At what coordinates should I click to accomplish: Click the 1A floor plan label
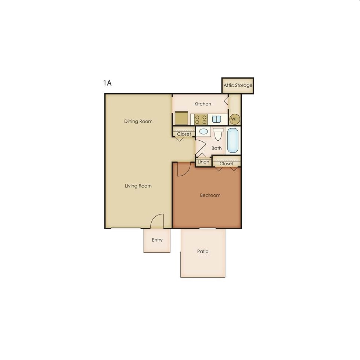click(107, 83)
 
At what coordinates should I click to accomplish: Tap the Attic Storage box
click(238, 86)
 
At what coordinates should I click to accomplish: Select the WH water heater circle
click(235, 119)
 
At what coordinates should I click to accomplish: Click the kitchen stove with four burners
click(201, 119)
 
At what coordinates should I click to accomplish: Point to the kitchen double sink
click(216, 119)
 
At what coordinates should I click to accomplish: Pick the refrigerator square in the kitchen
click(181, 118)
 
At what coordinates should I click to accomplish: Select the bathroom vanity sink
click(203, 131)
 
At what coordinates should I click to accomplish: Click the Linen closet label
click(203, 162)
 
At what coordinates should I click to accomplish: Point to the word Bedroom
click(210, 195)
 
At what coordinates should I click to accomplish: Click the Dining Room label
click(138, 121)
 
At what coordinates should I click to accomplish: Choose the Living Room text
click(138, 186)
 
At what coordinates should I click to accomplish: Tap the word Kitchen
click(203, 104)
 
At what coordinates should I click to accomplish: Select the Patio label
click(203, 251)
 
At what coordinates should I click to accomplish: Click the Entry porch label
click(157, 240)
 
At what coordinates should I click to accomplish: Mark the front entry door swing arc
click(156, 220)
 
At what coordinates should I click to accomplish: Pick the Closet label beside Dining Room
click(184, 134)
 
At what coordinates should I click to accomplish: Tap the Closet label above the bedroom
click(226, 163)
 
